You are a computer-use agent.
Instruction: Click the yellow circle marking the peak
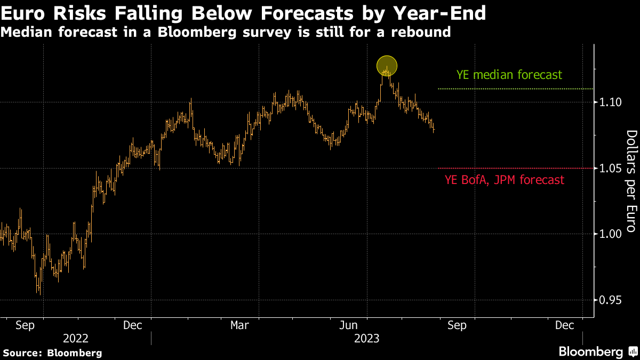tap(387, 66)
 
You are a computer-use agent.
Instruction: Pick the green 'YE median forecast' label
tap(509, 75)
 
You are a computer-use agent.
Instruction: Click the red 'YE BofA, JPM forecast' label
tap(504, 180)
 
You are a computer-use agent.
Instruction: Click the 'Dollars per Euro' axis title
tap(631, 181)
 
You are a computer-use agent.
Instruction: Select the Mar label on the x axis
tap(239, 324)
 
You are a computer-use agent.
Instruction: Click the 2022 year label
tap(76, 338)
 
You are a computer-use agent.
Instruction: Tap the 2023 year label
tap(366, 338)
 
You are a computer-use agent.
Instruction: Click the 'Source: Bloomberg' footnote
tap(52, 353)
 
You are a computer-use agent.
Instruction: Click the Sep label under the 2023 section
tap(457, 324)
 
